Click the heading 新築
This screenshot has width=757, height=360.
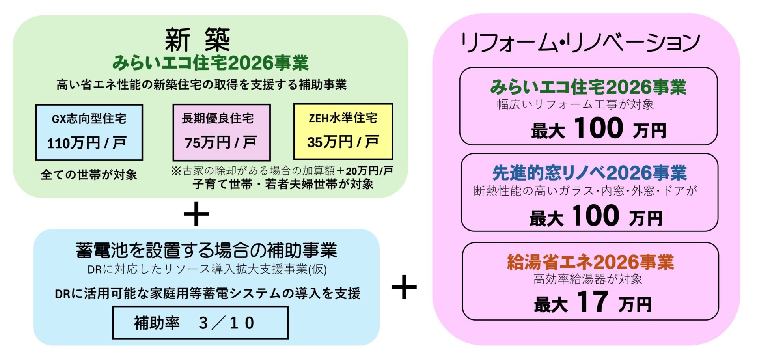point(197,40)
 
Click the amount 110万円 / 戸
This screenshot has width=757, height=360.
point(86,143)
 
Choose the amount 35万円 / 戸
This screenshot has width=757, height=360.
point(343,142)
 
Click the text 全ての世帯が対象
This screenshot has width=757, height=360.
point(89,175)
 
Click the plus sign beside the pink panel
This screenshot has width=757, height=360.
point(404,287)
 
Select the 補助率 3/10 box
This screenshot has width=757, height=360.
point(200,323)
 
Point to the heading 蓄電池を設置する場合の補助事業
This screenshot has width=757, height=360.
point(206,250)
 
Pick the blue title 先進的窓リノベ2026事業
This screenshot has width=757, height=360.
point(589,173)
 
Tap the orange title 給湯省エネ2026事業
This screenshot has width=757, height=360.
point(590,262)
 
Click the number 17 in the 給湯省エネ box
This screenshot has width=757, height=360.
point(592,302)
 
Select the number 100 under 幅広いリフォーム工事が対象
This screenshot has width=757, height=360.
point(598,128)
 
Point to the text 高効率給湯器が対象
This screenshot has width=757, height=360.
point(587,279)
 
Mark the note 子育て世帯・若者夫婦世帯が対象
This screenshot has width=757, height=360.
point(283,184)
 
